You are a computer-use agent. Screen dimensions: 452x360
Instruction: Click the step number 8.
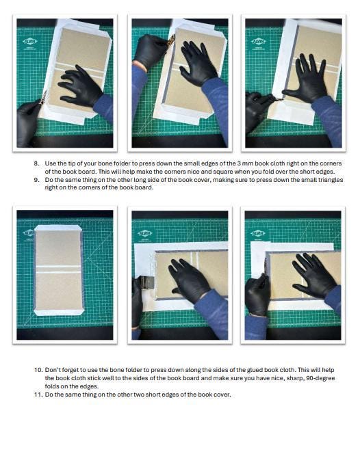36,163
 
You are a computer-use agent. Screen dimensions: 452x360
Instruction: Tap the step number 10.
38,370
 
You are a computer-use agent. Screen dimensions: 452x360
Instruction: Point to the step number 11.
38,395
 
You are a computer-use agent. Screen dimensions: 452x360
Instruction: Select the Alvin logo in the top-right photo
258,42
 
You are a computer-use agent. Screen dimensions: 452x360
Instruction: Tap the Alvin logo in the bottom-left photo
30,233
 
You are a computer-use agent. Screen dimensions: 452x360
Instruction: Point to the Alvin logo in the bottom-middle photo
144,233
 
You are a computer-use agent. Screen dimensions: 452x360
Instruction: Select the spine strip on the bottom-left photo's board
58,270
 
